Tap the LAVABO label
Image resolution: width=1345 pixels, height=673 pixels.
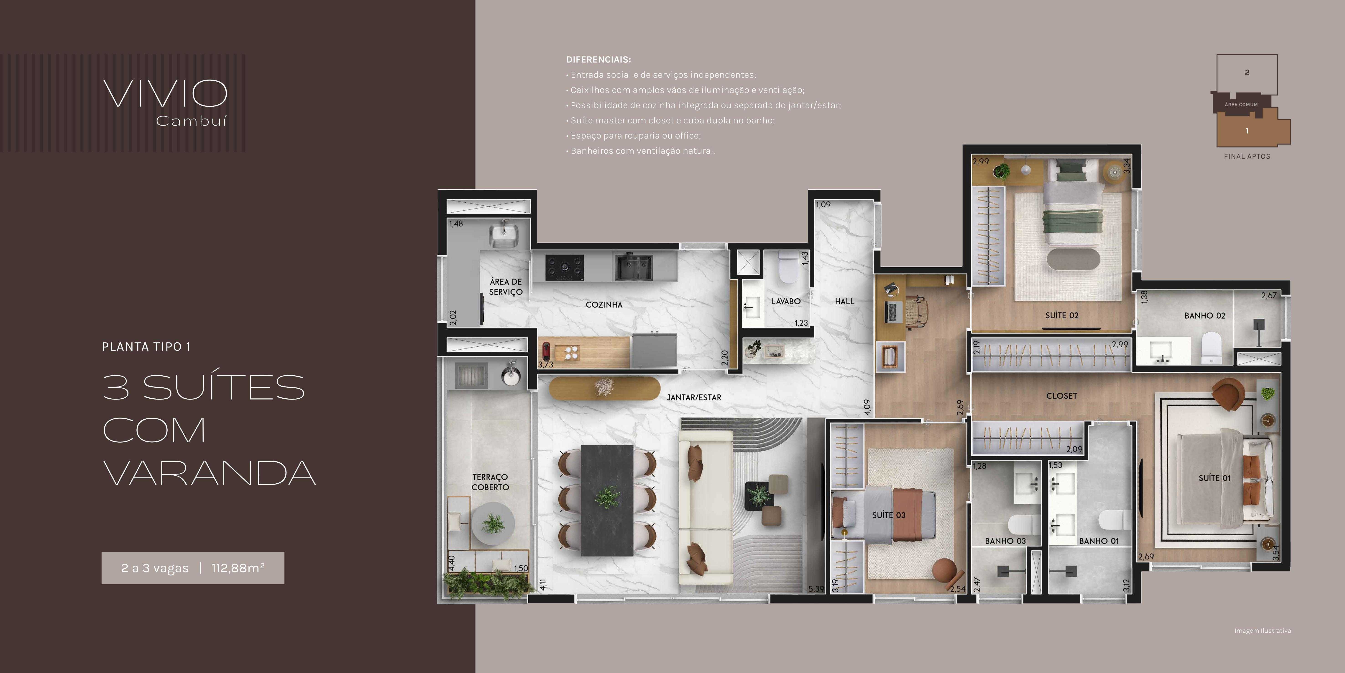pos(786,302)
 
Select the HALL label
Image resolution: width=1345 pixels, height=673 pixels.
pos(844,302)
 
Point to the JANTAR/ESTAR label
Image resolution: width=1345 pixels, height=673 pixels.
pos(694,398)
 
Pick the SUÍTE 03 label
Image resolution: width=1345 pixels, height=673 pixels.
pos(889,515)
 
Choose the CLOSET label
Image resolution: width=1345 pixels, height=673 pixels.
pos(1061,396)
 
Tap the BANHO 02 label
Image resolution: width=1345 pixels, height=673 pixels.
pos(1204,316)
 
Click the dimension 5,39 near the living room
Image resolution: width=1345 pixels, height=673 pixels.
pos(816,589)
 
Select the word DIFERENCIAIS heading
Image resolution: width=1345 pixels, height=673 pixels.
pos(598,59)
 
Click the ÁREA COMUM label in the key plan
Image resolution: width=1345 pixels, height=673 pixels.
pos(1241,105)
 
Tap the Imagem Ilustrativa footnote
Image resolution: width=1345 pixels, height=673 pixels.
pos(1263,631)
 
